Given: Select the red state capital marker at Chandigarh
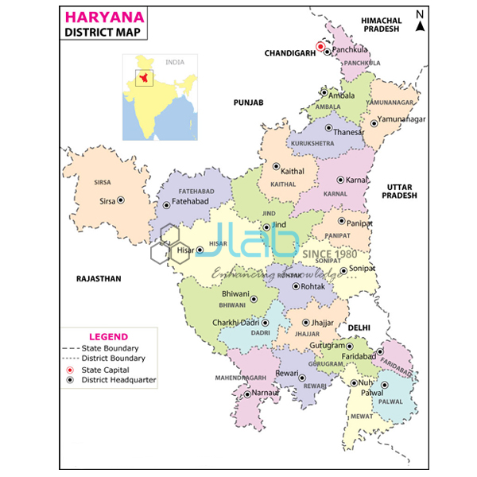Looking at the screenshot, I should [320, 46].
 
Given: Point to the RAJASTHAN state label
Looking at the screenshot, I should [99, 279].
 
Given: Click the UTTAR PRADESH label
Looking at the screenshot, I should [402, 192].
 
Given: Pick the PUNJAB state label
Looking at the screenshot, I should [247, 103].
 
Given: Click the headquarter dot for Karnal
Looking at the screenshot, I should [340, 180].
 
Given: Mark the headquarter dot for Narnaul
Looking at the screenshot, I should [247, 393].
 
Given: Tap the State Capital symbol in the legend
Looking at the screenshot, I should [69, 370].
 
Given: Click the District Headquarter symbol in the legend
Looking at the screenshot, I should [69, 381].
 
